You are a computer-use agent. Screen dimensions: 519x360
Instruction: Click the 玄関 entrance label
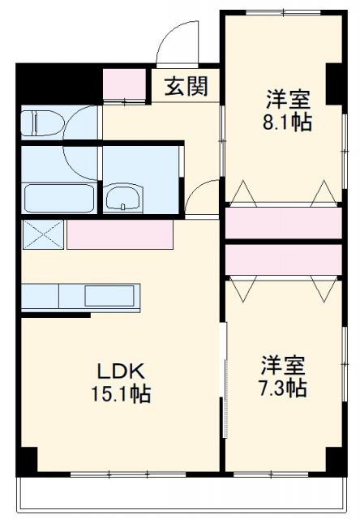click(186, 87)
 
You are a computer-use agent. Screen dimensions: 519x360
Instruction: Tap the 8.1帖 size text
click(286, 122)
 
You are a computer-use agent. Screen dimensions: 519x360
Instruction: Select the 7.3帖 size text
click(284, 388)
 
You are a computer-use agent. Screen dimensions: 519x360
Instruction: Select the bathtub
click(57, 197)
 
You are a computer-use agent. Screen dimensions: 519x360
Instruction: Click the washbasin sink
click(122, 197)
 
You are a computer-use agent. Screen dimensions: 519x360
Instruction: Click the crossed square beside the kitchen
click(43, 234)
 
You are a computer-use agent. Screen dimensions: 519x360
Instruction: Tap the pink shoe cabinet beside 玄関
click(122, 84)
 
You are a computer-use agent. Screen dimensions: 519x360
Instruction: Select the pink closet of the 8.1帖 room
click(283, 224)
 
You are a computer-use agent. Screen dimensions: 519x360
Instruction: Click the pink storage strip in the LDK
click(120, 234)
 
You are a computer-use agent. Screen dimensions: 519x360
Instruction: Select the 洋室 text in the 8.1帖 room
click(287, 101)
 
